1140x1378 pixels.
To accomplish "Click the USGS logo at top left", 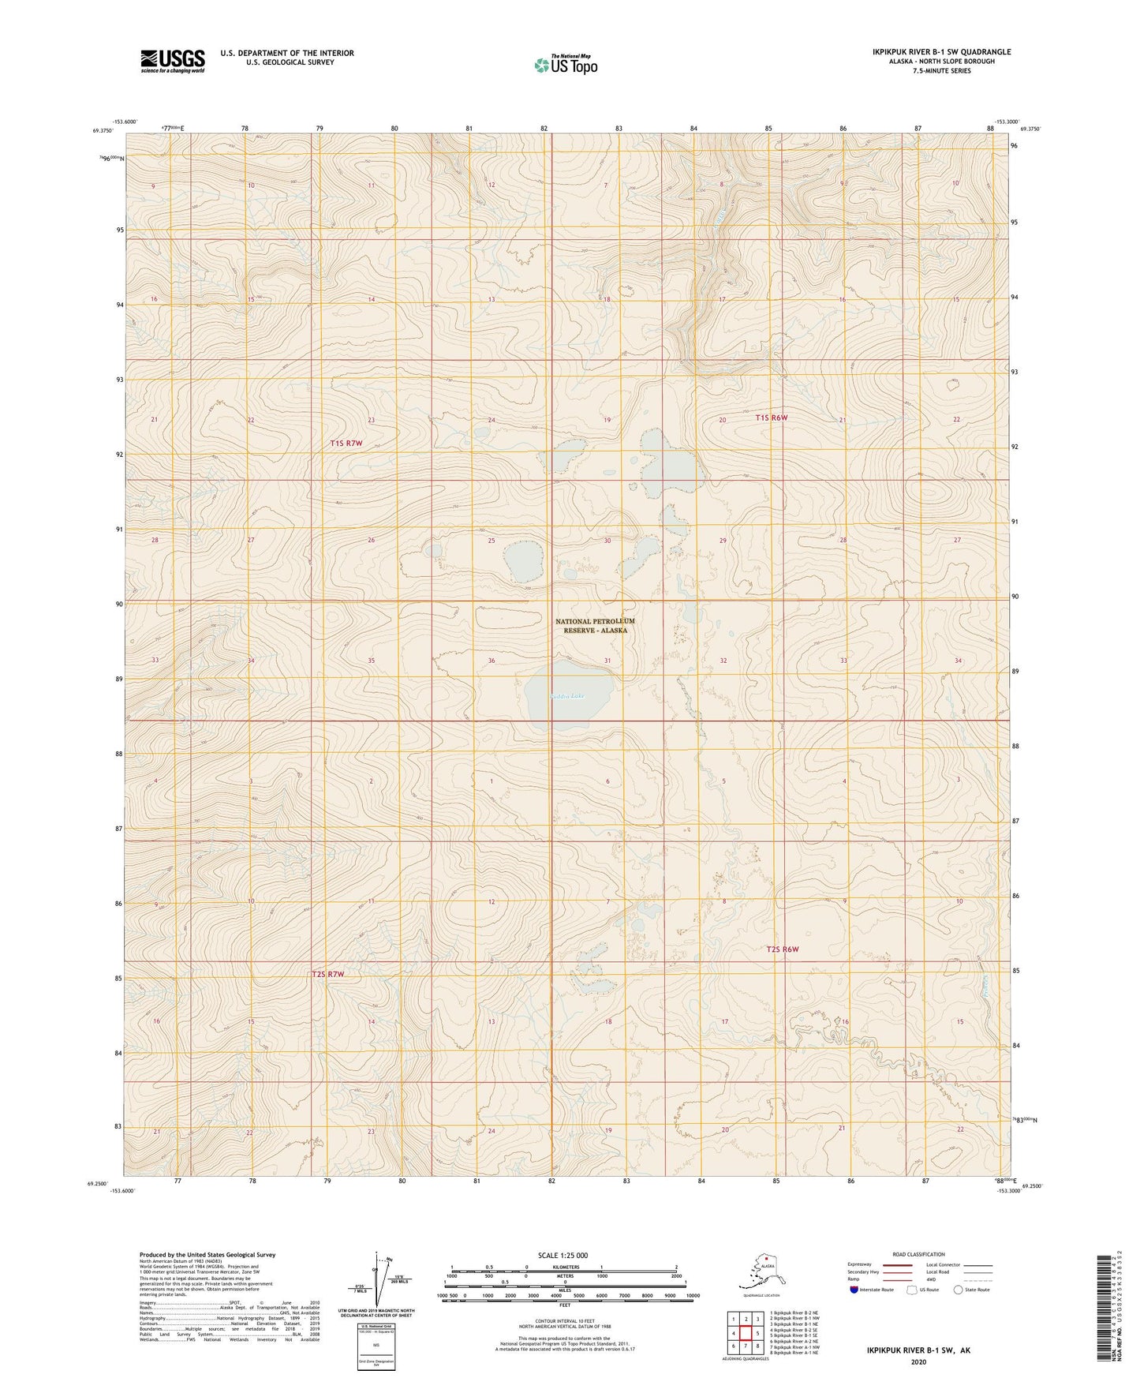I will click(x=172, y=61).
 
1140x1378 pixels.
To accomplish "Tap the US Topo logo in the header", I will click(x=565, y=64).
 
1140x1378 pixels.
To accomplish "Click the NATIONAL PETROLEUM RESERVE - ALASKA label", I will click(x=594, y=626).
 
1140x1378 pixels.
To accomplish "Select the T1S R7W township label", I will click(x=346, y=444).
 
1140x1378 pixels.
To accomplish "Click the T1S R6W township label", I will click(x=771, y=418).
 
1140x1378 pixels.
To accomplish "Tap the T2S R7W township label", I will click(x=328, y=974).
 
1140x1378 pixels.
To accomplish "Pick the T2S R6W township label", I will click(x=783, y=949).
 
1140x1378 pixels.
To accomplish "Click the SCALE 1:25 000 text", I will click(x=563, y=1255).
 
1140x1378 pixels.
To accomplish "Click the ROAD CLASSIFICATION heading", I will click(x=918, y=1254).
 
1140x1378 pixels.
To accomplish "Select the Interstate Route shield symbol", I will click(x=854, y=1290).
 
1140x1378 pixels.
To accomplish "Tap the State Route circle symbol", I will click(x=959, y=1290).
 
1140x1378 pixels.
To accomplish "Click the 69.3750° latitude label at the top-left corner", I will click(x=112, y=131).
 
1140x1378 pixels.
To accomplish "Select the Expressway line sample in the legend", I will click(x=891, y=1264).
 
